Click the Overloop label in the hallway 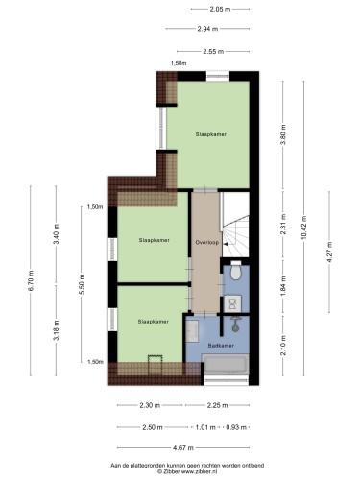pos(207,243)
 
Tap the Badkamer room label pos(221,346)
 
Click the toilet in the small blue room pos(236,270)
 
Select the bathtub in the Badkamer pos(227,364)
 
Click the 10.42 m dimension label pos(303,227)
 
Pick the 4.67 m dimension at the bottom pos(183,448)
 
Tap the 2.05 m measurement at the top pos(220,9)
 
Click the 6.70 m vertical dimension pos(31,280)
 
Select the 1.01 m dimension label pos(205,427)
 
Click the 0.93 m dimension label pos(236,427)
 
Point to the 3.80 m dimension pos(283,134)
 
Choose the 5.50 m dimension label pos(82,285)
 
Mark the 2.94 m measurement pos(207,29)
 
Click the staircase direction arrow pos(226,244)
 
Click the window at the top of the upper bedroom pos(218,76)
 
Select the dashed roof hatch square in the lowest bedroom pos(156,365)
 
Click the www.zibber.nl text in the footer pos(200,471)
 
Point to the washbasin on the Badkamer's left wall pos(193,330)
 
